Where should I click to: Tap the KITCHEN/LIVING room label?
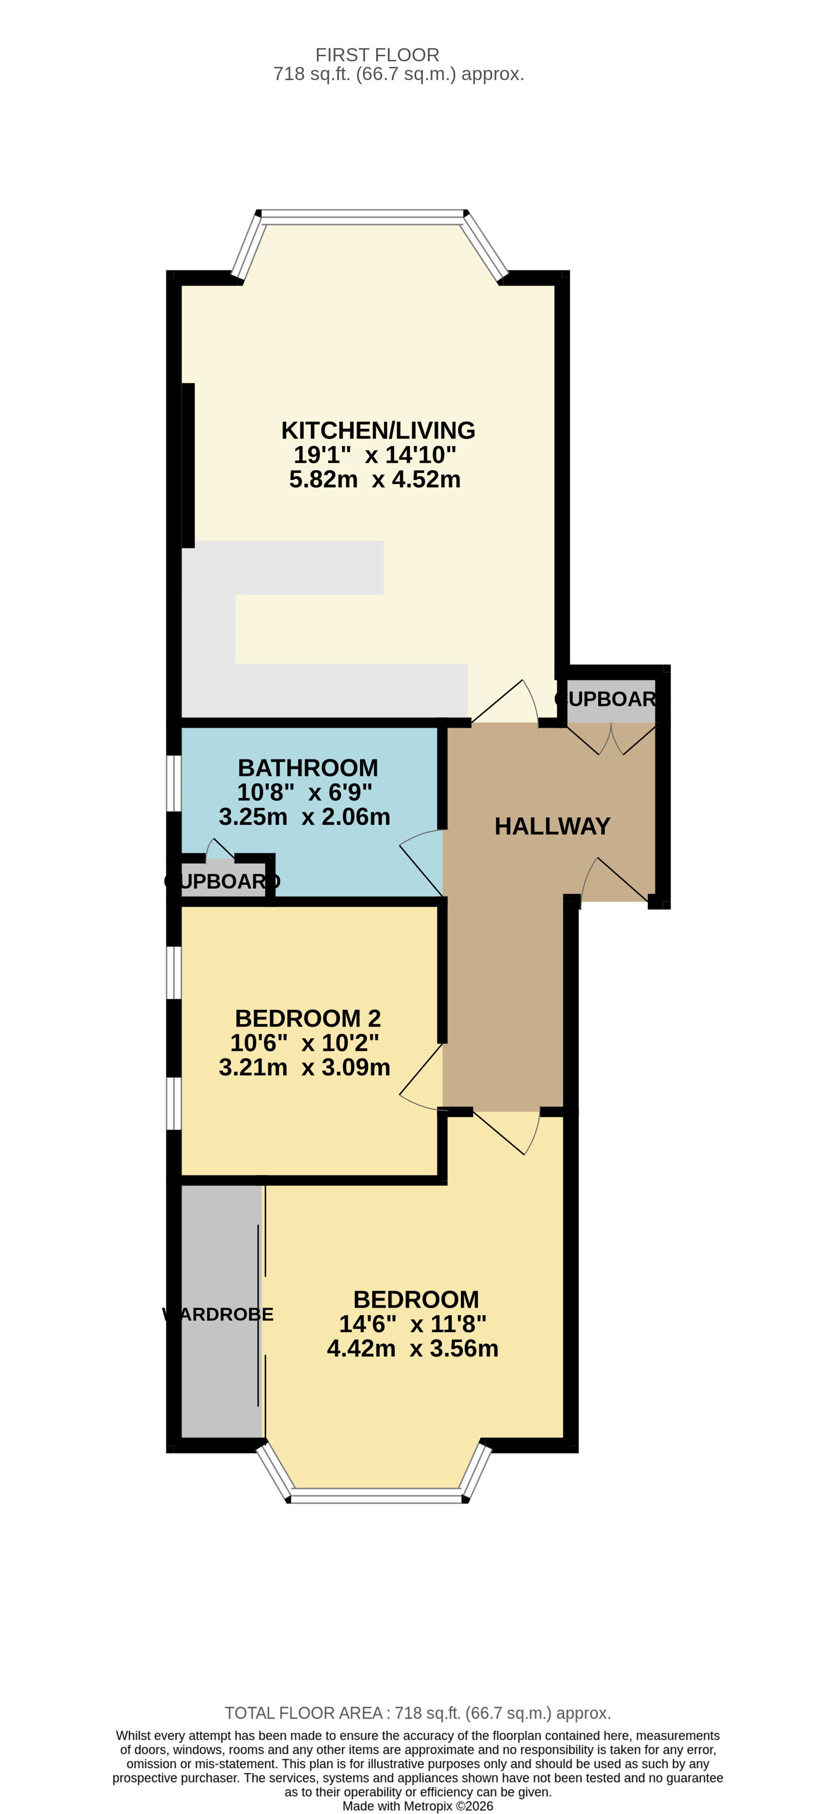click(x=378, y=430)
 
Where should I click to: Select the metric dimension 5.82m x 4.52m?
click(x=375, y=480)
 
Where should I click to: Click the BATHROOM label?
click(x=308, y=768)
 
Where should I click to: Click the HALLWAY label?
click(x=552, y=826)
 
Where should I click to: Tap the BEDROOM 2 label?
click(x=308, y=1018)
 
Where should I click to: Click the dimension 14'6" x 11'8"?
click(x=413, y=1324)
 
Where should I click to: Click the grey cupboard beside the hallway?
click(x=610, y=700)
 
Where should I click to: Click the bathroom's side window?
click(x=173, y=783)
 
